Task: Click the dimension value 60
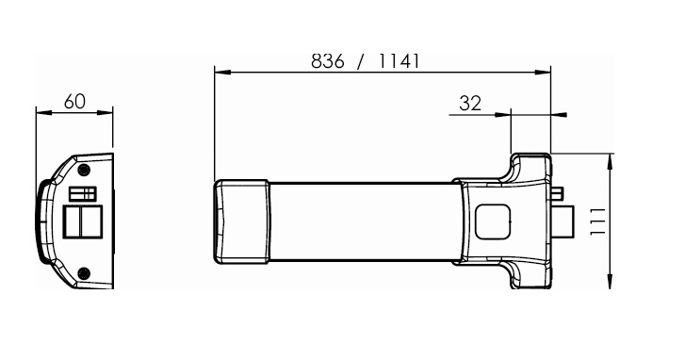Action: click(74, 101)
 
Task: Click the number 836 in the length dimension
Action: click(329, 59)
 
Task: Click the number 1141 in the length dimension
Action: click(397, 59)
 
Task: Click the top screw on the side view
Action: click(84, 169)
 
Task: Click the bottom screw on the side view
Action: click(84, 273)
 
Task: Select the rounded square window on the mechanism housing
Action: click(491, 222)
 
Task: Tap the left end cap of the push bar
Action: click(241, 221)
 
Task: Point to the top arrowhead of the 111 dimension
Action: click(613, 157)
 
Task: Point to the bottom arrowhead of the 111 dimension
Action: click(613, 286)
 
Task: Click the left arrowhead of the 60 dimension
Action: click(41, 111)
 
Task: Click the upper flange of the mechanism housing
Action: click(531, 167)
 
